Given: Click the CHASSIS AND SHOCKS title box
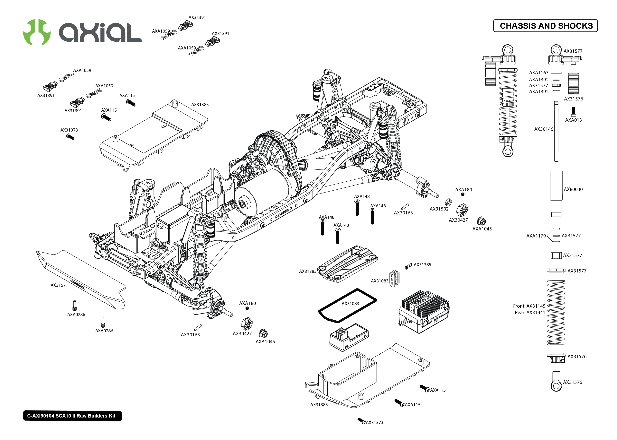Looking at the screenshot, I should (x=545, y=26).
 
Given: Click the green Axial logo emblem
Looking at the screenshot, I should (x=37, y=32).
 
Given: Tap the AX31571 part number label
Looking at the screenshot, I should (x=59, y=285).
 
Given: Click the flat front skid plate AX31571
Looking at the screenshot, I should (x=81, y=279).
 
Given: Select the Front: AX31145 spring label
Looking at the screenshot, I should (x=529, y=306).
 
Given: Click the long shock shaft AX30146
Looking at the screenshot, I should (x=556, y=131).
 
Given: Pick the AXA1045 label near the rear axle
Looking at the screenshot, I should (x=482, y=229).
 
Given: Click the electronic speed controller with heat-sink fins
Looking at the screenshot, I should (x=423, y=312).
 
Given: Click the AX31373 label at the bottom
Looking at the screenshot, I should (x=374, y=422).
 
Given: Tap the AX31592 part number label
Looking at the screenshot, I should (x=439, y=209).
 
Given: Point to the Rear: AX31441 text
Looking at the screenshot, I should (x=530, y=312).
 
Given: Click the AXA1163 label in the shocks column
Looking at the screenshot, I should (x=539, y=73).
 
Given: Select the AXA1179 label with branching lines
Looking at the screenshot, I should (x=536, y=236).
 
